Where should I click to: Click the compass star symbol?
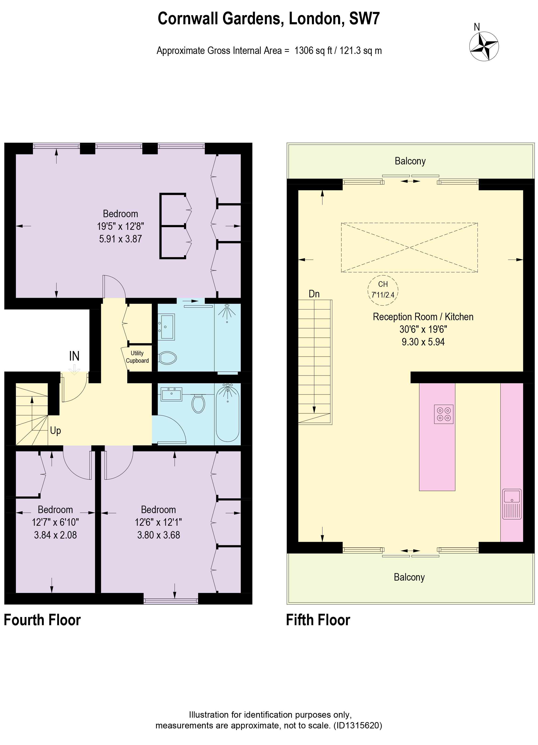click(484, 46)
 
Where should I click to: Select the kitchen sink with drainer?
click(512, 504)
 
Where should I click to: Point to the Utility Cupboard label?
click(137, 357)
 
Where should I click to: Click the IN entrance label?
click(74, 356)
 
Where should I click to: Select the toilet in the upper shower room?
click(167, 357)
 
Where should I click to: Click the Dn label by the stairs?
click(314, 294)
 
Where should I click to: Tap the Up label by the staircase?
click(56, 431)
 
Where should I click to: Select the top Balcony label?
click(410, 161)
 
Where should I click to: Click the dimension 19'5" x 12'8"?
click(120, 226)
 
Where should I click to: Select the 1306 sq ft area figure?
click(313, 51)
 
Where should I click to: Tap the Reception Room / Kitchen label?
click(423, 317)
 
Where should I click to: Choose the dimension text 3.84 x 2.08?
click(56, 535)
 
